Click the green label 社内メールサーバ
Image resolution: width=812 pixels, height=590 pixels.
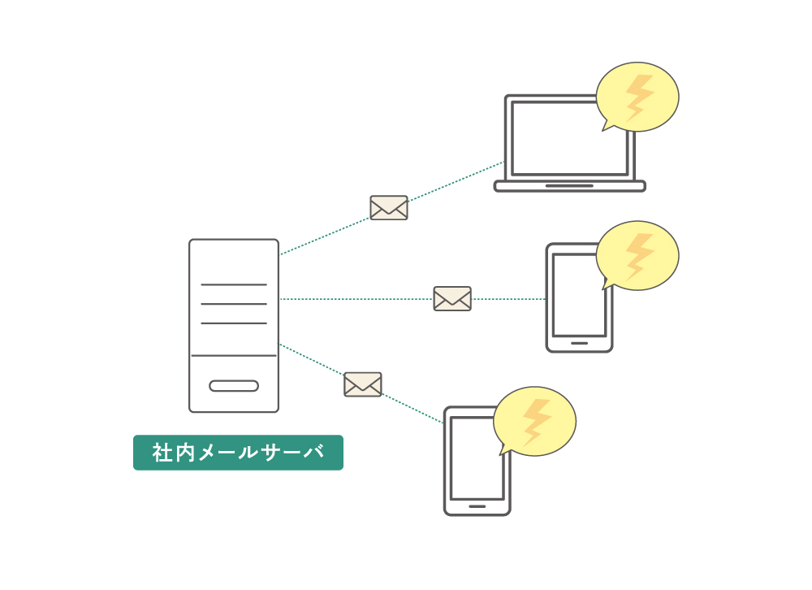tap(238, 453)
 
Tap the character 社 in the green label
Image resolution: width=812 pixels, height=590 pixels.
tap(162, 453)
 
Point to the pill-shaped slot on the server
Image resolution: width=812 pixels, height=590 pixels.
tap(234, 386)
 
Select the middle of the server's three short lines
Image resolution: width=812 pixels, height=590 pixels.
tap(234, 304)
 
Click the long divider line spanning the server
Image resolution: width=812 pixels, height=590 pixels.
tap(234, 356)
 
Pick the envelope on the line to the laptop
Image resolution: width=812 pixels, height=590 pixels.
tap(389, 208)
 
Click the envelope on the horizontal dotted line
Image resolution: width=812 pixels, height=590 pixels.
tap(452, 298)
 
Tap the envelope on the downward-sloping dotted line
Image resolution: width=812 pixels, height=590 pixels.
tap(363, 384)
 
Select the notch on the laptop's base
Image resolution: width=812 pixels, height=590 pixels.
tap(569, 185)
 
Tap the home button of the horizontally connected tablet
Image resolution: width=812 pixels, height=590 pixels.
tap(579, 343)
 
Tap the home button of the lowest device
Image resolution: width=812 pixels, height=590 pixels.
tap(477, 506)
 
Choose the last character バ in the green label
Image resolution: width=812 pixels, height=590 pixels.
tap(313, 453)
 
